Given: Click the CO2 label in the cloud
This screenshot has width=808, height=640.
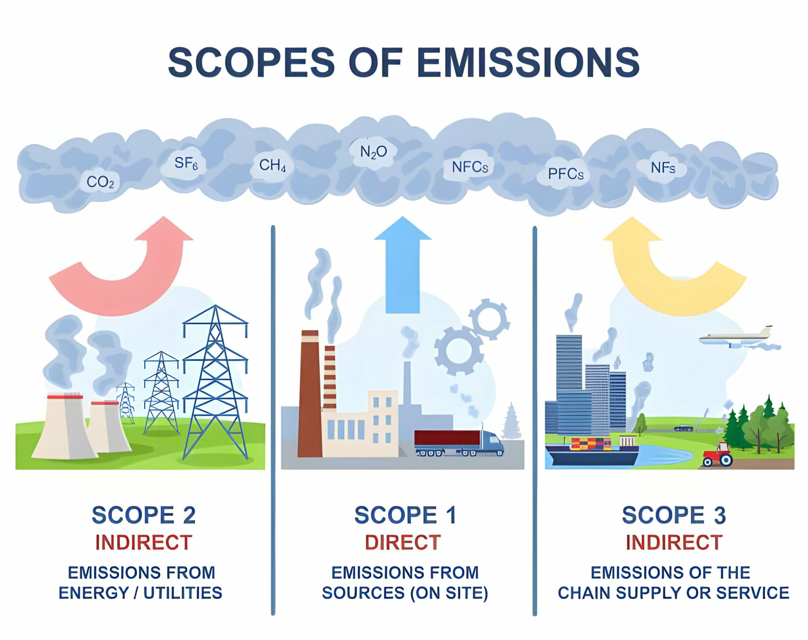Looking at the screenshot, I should point(100,182).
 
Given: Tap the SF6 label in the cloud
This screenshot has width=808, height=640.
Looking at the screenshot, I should point(186,163).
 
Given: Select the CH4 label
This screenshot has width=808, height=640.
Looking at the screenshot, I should point(272,165).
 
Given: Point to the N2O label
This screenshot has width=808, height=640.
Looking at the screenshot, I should point(373,152).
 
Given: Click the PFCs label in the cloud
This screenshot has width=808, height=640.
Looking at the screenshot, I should point(566,174).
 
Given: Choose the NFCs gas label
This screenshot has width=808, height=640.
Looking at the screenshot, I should point(470,167).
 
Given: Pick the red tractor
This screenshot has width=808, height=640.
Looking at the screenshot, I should point(718,455).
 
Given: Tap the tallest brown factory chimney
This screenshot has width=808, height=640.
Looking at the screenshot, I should point(310,396).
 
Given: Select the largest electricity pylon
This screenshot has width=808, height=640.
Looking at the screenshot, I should point(215,384).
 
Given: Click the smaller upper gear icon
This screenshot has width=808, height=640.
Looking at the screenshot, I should point(489,319).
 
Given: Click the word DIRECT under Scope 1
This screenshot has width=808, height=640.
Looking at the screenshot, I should point(402,542).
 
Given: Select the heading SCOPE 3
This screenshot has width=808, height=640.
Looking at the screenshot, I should point(673,515).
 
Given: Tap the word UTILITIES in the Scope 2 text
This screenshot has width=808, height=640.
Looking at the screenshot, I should point(183,593).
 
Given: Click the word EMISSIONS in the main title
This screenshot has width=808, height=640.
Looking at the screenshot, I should point(528,62).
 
